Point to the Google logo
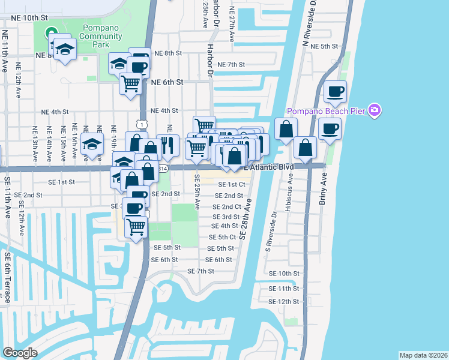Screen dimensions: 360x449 pyautogui.click(x=20, y=353)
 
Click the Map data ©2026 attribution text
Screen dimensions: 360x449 pyautogui.click(x=423, y=355)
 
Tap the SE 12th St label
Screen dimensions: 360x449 pyautogui.click(x=284, y=301)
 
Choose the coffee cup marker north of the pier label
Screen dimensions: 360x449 pyautogui.click(x=335, y=92)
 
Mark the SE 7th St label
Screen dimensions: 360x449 pyautogui.click(x=201, y=271)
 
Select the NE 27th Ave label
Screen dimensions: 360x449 pyautogui.click(x=232, y=28)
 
